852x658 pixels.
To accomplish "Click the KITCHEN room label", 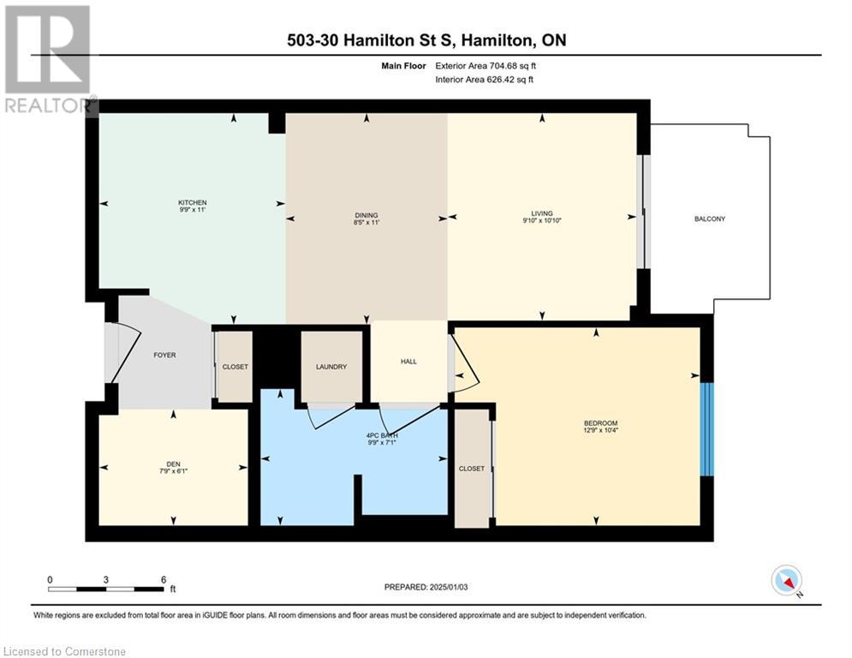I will [x=193, y=202].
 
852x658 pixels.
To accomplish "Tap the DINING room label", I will [x=366, y=215].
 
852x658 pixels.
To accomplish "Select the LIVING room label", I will [x=541, y=213].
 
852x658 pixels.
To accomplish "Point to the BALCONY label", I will [x=709, y=218].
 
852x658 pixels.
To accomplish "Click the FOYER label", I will [x=164, y=355].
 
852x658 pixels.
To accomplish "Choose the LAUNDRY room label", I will [x=331, y=367].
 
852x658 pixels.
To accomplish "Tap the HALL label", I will [x=408, y=362].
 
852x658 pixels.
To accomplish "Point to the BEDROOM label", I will [x=600, y=423].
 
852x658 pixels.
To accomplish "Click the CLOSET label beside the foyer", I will [x=235, y=367].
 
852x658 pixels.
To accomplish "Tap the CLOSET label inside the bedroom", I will [x=471, y=469].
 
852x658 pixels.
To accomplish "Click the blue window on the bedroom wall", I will [x=706, y=429].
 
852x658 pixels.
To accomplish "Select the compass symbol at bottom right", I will [x=785, y=580].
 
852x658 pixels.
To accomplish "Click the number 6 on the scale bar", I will [x=163, y=579].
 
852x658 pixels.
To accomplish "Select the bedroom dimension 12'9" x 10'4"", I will [x=600, y=431].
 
